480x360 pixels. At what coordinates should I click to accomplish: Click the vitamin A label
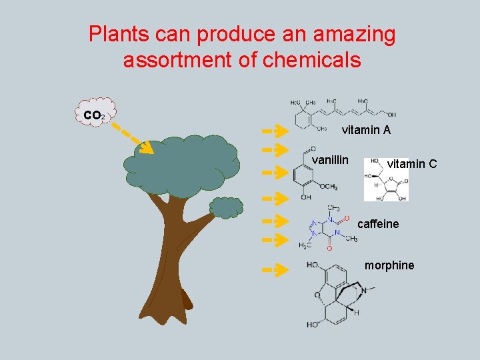(x=366, y=131)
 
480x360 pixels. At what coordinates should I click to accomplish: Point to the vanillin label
(x=330, y=160)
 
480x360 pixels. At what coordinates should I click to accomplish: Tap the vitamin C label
(x=412, y=163)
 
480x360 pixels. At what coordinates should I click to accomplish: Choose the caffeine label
(x=378, y=224)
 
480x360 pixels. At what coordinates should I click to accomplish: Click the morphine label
(x=389, y=265)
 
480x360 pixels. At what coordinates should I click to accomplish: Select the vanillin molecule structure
(x=309, y=175)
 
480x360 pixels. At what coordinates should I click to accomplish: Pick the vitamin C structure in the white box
(x=386, y=180)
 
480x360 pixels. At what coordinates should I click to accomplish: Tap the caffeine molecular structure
(x=328, y=229)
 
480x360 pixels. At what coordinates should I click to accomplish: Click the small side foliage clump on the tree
(x=227, y=207)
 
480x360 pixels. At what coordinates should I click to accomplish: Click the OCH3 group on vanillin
(x=327, y=187)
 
